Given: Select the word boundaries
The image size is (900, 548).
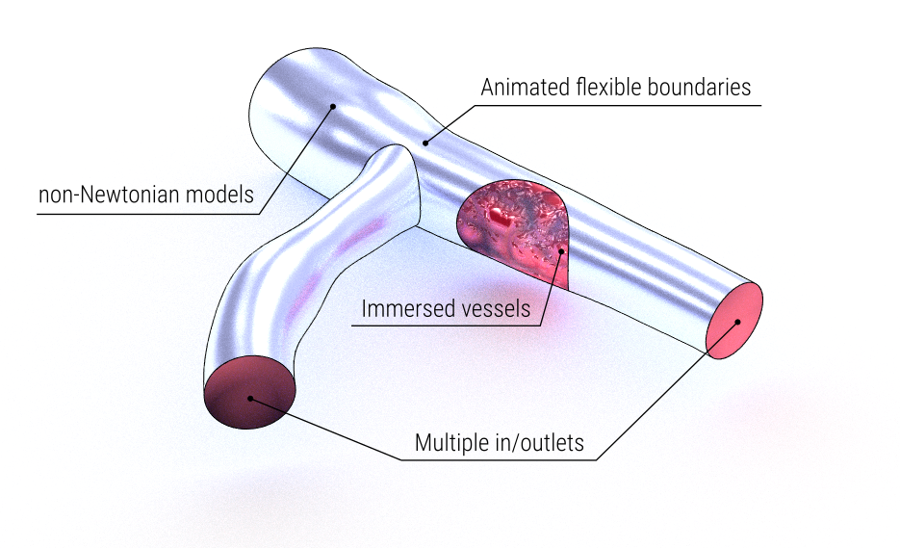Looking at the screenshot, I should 700,88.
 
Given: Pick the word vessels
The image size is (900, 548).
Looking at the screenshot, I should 493,309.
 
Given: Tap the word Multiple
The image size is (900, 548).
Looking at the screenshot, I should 451,444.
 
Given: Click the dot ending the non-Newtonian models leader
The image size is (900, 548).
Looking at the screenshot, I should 333,106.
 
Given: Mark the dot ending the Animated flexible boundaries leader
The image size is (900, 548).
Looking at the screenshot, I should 424,143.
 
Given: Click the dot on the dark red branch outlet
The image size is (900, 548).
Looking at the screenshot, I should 250,398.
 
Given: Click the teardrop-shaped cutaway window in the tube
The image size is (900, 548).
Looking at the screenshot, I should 515,231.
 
